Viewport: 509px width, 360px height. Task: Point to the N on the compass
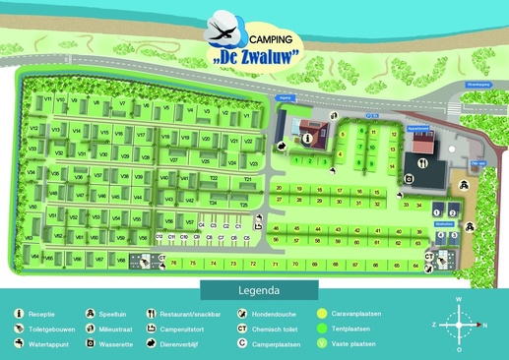coord(481,324)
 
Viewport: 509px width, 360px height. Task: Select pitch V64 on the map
coord(34,257)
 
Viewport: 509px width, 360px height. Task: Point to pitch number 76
coord(173,264)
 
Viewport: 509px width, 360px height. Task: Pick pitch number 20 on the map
coord(280,188)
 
